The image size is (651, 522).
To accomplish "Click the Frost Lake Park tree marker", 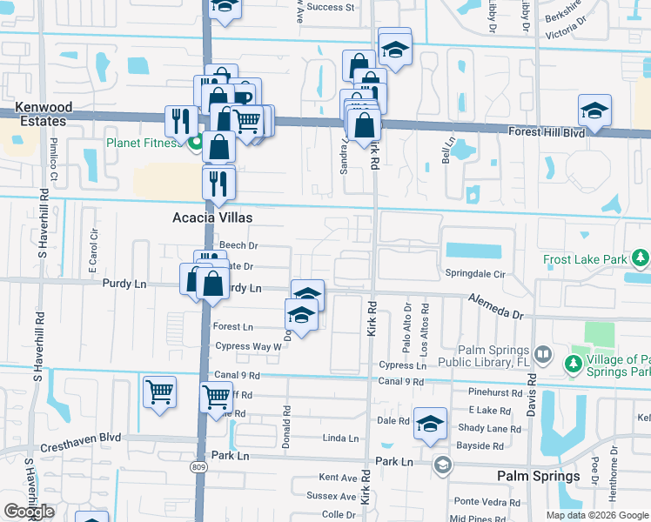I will coord(641,258).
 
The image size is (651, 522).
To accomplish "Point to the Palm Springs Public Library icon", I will coord(542,355).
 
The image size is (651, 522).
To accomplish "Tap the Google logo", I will coord(29,512).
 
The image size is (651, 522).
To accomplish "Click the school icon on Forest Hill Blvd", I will coord(594,110).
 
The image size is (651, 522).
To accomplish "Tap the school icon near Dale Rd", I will coord(430,424).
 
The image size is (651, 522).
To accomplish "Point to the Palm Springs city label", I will coord(538,476).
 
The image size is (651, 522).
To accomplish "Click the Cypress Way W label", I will coord(247,346).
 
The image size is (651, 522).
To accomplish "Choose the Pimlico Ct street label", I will coord(53,160).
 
